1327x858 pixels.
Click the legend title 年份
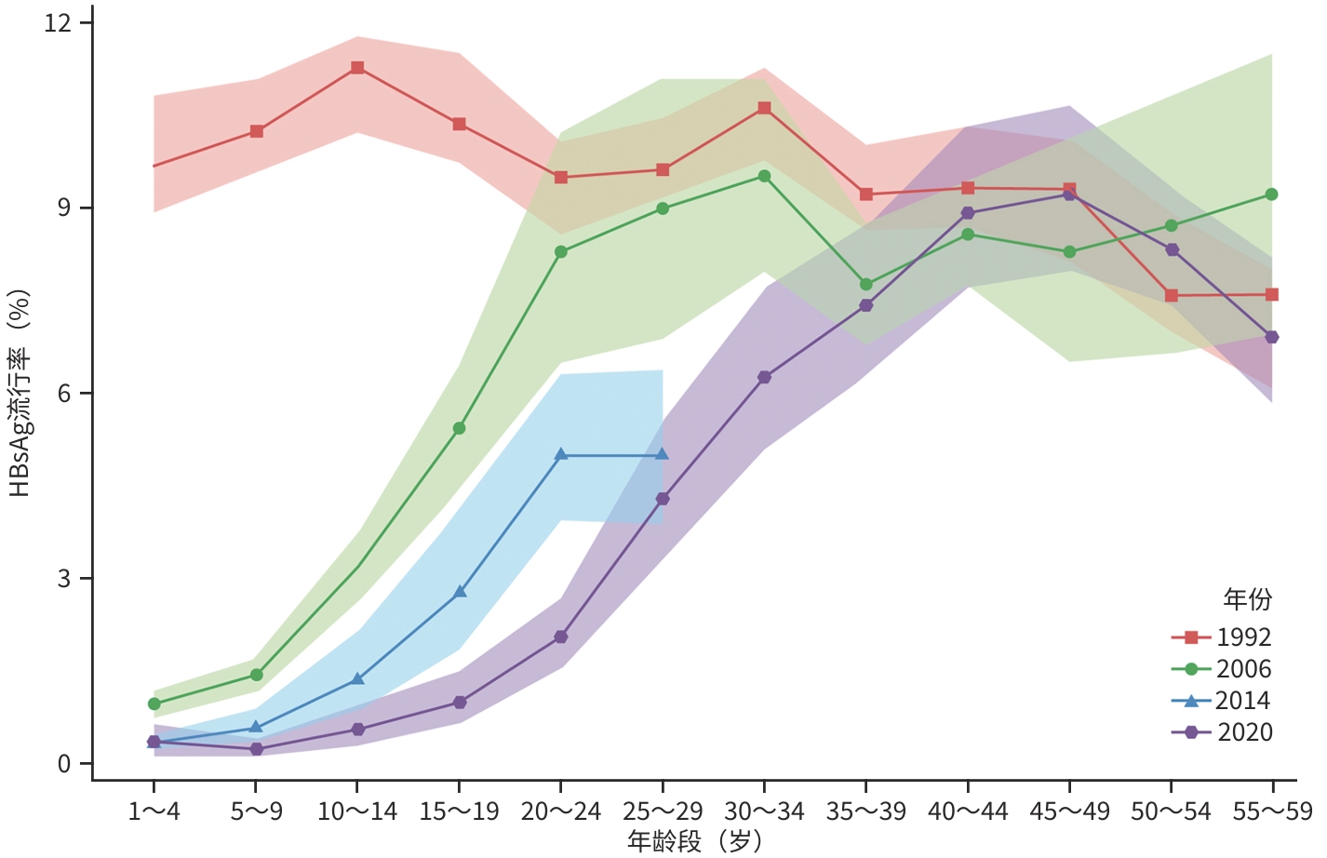(x=1247, y=599)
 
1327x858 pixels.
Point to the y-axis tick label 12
(x=58, y=21)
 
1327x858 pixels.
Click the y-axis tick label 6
(x=64, y=393)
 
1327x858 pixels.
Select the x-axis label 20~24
(x=561, y=812)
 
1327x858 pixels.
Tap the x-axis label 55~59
(x=1272, y=812)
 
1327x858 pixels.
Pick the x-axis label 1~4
(x=154, y=812)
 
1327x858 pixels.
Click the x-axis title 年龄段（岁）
(x=694, y=842)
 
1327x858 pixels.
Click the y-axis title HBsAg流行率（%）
(x=20, y=392)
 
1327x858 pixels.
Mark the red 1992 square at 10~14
(x=357, y=68)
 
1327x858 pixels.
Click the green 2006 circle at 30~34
(x=764, y=176)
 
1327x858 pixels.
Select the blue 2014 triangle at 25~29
(x=663, y=454)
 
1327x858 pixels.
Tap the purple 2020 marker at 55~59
(x=1272, y=337)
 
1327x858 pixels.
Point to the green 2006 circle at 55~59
(x=1272, y=194)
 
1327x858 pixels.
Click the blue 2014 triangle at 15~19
(x=460, y=592)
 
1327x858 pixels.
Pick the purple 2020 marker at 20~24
(x=561, y=637)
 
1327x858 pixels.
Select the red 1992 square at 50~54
(x=1171, y=296)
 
